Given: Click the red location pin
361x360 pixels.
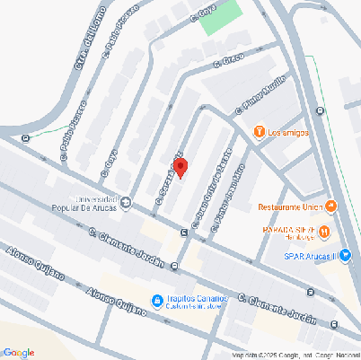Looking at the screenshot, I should [x=180, y=168].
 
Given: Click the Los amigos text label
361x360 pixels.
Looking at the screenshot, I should [x=289, y=133].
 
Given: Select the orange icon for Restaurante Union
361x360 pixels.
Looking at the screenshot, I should [x=331, y=207].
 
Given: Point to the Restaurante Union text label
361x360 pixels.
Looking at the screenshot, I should [x=292, y=207].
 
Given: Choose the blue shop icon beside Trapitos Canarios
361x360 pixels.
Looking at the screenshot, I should [x=156, y=300].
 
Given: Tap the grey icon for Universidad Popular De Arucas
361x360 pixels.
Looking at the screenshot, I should [x=125, y=201].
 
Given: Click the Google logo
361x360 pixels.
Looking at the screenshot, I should [x=18, y=352].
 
